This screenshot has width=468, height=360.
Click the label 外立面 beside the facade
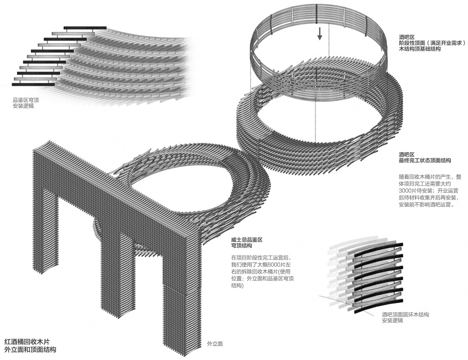pos(215,344)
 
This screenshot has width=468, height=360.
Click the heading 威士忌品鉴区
pos(247,240)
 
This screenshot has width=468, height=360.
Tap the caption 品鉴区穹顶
pos(26,100)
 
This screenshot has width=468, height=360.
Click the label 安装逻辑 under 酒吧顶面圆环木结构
pos(393,320)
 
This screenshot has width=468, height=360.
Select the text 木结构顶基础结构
pos(420,50)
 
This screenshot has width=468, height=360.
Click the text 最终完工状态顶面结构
pos(425,160)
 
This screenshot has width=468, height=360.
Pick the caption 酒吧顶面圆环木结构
pos(406,315)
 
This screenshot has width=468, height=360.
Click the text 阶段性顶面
pos(413,43)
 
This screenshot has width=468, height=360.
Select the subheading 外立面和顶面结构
pos(30,350)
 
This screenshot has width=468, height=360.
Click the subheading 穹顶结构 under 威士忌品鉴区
pos(242,247)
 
